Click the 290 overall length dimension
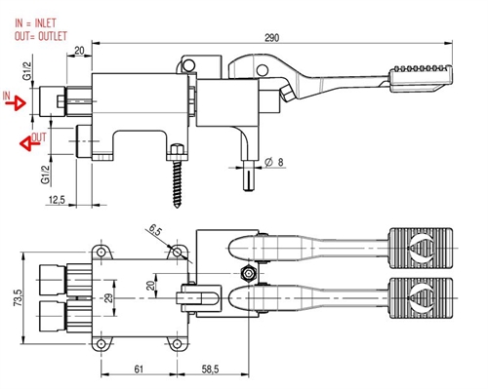(271, 38)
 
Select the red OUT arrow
(30, 143)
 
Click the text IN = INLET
(35, 23)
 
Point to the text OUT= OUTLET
(41, 36)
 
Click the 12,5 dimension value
(57, 200)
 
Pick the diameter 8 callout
(273, 162)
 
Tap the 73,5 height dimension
(18, 298)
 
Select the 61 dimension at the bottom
(139, 370)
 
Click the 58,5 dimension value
(210, 370)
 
